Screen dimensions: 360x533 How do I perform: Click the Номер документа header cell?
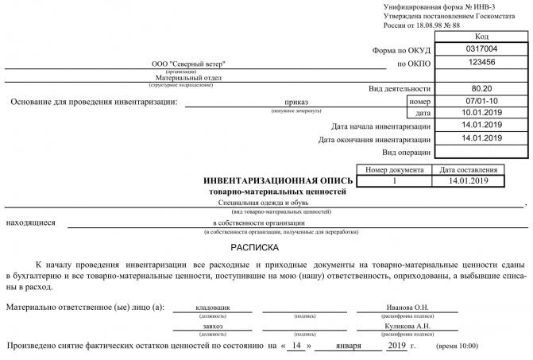pos(395,169)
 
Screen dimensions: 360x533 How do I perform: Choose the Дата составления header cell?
pos(468,169)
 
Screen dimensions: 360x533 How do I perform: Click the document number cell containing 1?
pos(395,181)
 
